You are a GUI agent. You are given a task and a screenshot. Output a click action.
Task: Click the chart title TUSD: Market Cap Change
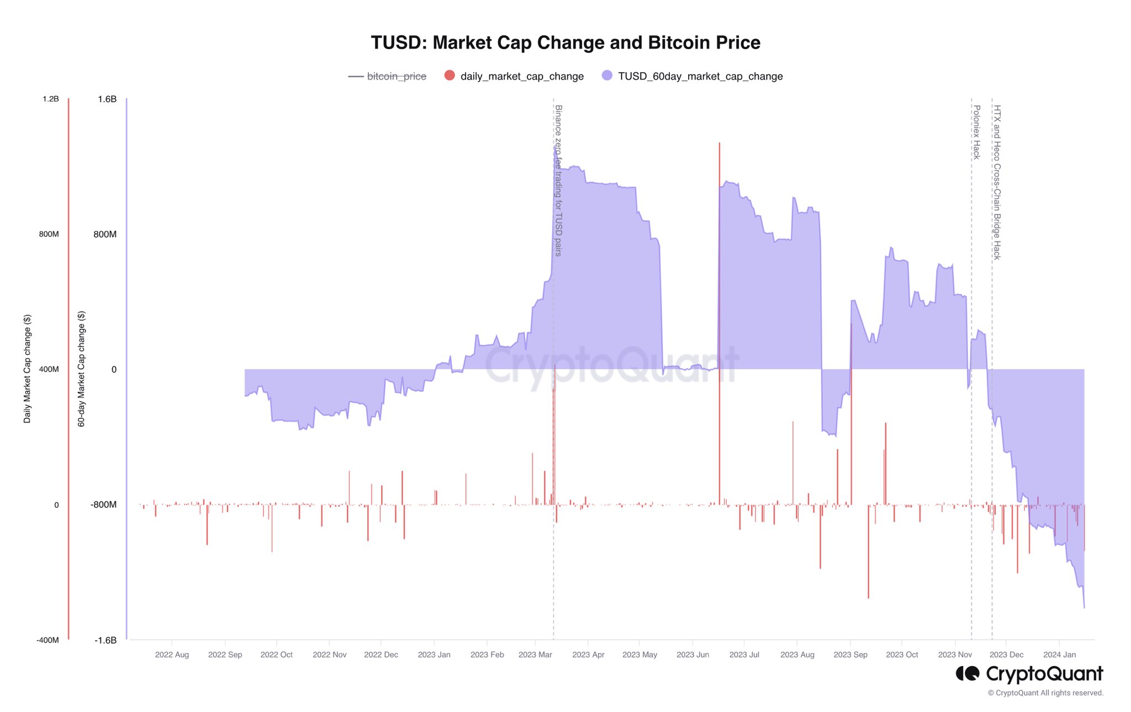point(565,42)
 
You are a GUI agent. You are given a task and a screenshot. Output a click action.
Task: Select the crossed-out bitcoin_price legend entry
point(396,76)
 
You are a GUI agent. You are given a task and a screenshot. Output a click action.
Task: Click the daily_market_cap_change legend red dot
point(450,76)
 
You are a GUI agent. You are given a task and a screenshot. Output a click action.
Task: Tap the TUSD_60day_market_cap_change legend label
point(700,76)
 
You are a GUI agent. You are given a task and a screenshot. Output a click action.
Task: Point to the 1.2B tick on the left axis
point(50,99)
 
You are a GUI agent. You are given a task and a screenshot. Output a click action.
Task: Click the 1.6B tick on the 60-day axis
point(107,99)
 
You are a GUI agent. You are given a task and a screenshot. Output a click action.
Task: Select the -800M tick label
point(104,504)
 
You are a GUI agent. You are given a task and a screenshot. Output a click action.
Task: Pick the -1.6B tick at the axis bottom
point(105,640)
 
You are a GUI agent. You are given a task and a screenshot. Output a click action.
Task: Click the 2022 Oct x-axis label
point(276,655)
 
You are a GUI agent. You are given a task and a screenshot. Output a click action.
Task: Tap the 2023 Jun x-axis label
point(693,655)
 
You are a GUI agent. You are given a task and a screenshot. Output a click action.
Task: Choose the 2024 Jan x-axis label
point(1059,655)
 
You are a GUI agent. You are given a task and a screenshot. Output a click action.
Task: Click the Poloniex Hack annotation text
point(976,132)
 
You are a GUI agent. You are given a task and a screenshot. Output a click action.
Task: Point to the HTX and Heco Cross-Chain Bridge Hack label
point(997,182)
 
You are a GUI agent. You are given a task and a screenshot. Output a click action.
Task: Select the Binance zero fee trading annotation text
point(558,180)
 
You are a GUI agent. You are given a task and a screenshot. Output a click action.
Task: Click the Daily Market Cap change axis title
point(27,369)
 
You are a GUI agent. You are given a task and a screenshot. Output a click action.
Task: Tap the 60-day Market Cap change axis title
point(81,369)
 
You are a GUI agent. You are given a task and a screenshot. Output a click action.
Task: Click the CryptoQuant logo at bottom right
point(1029,674)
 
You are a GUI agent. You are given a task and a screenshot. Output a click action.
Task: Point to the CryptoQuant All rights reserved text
point(1045,693)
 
